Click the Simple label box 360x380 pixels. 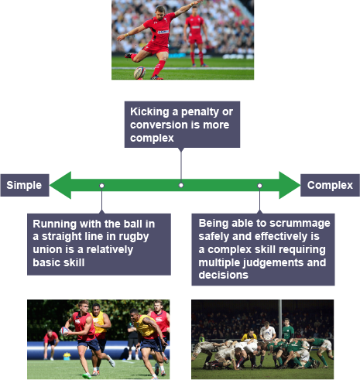(25, 185)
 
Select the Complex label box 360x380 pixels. (330, 185)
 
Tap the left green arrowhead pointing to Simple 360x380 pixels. (60, 185)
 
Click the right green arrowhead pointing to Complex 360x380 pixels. (290, 185)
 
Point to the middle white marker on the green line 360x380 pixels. (181, 185)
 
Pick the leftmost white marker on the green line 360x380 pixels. (102, 186)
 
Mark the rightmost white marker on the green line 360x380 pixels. (260, 186)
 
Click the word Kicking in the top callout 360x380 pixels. (149, 112)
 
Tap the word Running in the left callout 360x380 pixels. (54, 224)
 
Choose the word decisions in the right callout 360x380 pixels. (223, 275)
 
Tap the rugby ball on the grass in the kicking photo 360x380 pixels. (139, 73)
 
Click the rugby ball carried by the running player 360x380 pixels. (64, 330)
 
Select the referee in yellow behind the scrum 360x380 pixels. (249, 335)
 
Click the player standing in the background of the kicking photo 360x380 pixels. (196, 36)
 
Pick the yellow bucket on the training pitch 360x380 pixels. (67, 356)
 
